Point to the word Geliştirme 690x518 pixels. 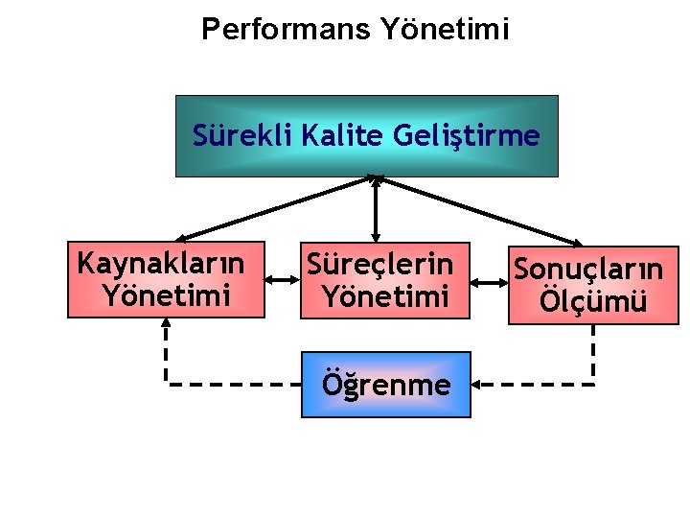click(x=467, y=135)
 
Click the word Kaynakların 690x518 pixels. click(x=160, y=261)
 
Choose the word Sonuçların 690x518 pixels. click(x=587, y=268)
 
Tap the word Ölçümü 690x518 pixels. click(x=593, y=301)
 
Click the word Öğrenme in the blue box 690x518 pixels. click(x=386, y=385)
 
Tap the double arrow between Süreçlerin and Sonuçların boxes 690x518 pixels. click(x=490, y=282)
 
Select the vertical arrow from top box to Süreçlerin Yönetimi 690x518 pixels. click(x=376, y=209)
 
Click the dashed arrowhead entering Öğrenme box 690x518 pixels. click(x=480, y=385)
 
